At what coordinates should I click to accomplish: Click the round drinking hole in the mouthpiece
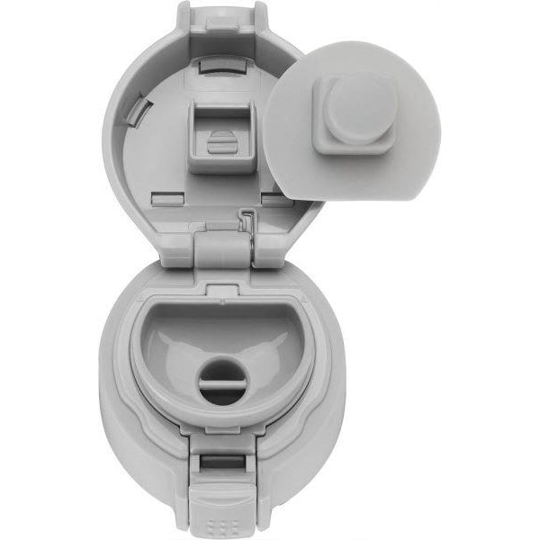click(221, 378)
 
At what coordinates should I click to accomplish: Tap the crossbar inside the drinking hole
click(221, 379)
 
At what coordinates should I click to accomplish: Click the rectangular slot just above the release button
click(221, 463)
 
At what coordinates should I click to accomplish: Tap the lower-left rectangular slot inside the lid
click(162, 193)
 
